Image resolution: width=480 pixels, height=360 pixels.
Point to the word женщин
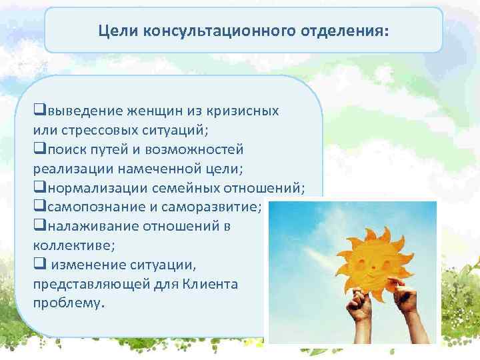click(148, 111)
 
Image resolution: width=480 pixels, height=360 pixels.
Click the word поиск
click(67, 149)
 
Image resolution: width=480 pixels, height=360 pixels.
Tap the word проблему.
click(69, 303)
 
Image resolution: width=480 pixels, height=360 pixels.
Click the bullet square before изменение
click(38, 264)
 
